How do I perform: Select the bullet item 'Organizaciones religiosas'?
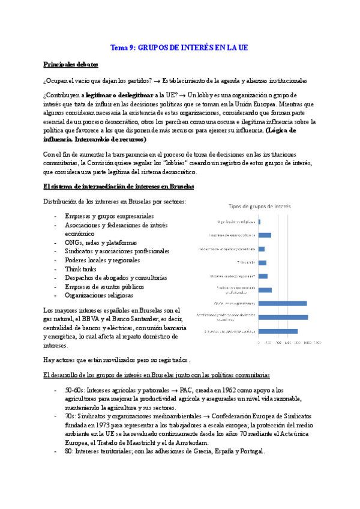tap(99, 295)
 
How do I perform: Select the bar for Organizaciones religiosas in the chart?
tap(259, 221)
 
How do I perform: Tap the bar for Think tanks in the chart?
tap(262, 262)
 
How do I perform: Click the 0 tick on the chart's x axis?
tap(259, 343)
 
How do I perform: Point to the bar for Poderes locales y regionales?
tap(263, 276)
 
